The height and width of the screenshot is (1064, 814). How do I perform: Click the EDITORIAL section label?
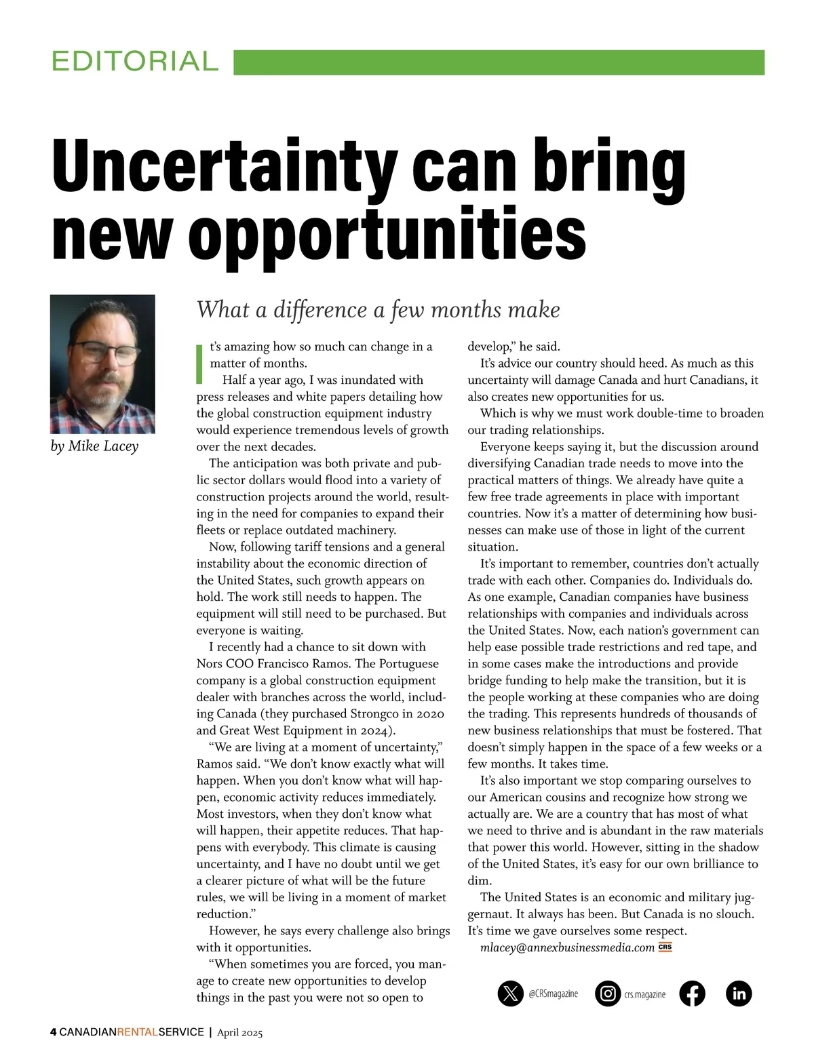click(135, 62)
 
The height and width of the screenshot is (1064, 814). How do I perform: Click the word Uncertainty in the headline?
click(224, 165)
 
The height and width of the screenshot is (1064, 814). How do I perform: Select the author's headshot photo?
click(102, 363)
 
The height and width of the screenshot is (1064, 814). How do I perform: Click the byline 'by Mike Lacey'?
click(94, 446)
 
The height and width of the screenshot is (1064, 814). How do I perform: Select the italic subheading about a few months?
click(378, 310)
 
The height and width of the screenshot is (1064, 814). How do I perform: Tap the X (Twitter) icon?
click(510, 993)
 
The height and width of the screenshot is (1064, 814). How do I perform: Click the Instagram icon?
click(608, 993)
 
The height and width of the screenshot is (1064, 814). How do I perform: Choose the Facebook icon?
click(692, 993)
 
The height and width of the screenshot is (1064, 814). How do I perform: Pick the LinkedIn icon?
click(739, 993)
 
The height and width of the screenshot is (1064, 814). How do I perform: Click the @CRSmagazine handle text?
click(553, 993)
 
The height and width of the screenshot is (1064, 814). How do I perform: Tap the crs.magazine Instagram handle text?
click(644, 994)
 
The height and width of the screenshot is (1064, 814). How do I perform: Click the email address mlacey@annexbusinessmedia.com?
click(567, 947)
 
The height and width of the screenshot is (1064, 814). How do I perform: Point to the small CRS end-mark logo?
click(665, 947)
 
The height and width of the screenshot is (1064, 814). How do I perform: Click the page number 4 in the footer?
click(54, 1032)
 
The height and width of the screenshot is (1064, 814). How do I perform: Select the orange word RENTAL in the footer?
click(137, 1032)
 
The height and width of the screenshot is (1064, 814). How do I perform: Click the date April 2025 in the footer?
click(239, 1033)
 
